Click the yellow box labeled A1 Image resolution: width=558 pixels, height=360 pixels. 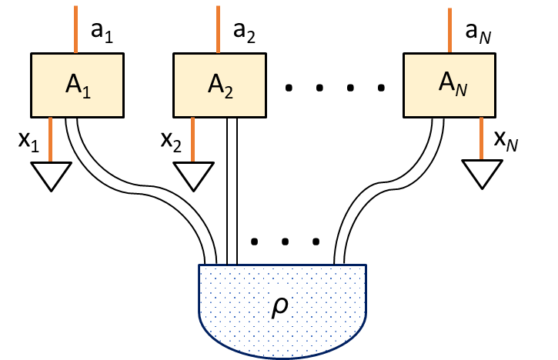pos(77,85)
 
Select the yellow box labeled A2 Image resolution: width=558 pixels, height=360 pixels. pos(219,85)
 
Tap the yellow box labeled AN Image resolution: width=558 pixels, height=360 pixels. pos(449,85)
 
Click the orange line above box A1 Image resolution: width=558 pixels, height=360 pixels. pos(75,29)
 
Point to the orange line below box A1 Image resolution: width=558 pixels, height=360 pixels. pos(50,139)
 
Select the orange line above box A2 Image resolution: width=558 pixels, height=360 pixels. pos(218,29)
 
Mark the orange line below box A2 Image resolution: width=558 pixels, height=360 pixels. pos(192,139)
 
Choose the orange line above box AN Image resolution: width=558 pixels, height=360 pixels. pos(449,30)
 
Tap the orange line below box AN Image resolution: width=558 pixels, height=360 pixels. pos(481,138)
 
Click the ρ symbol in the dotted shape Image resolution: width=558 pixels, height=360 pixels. pos(280,306)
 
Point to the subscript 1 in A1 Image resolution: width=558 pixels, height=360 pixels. pos(87,92)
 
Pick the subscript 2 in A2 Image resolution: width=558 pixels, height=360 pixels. pos(229,92)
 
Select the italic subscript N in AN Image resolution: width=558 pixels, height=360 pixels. pos(461,90)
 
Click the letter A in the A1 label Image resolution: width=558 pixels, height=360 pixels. pos(73,84)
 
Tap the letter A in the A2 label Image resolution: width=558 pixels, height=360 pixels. pos(216,84)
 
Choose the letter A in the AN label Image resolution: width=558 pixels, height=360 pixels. pos(446,82)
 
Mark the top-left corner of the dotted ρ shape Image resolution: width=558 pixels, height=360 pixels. pos(200,266)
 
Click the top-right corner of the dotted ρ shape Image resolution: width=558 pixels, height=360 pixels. pos(365,266)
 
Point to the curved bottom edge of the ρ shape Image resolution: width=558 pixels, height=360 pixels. pos(282,357)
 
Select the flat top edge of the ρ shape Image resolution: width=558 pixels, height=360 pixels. pos(282,265)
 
